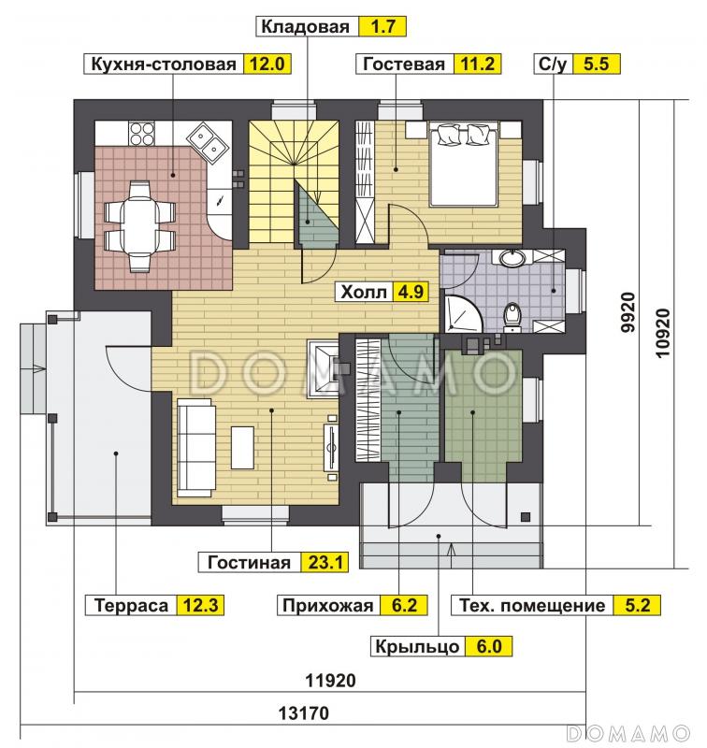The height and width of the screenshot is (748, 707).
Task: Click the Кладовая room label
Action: pos(305,27)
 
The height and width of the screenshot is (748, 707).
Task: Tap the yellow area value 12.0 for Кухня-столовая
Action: pos(267,64)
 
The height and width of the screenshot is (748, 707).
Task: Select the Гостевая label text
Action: pos(404,64)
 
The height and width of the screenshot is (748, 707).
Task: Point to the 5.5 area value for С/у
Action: pos(596,64)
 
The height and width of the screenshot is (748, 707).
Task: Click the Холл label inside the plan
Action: pos(363,292)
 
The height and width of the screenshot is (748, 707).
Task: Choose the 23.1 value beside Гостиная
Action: pos(325,563)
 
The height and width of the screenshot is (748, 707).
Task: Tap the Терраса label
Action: pos(131,605)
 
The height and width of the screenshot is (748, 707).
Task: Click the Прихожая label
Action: pos(327,605)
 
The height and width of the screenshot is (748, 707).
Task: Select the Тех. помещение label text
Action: pos(532,605)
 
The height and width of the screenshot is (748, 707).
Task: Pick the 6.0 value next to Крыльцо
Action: pos(489,646)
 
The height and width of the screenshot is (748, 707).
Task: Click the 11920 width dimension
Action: pos(331,681)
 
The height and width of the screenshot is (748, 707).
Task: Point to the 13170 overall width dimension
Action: pos(303,713)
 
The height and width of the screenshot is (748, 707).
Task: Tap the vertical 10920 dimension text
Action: pos(663,333)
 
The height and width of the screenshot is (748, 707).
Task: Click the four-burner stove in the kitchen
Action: pos(142,134)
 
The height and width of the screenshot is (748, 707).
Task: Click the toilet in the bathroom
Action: pos(512,315)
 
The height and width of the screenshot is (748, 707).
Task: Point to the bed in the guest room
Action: pos(464,163)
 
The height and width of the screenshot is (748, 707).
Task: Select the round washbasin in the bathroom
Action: pos(512,258)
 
